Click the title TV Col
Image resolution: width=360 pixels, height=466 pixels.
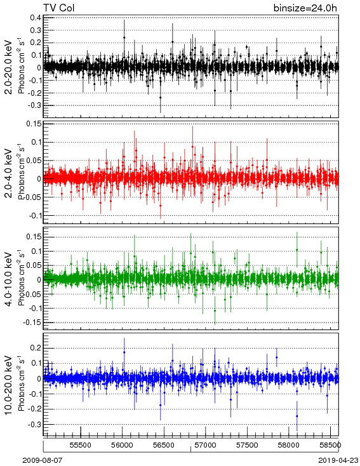(59, 8)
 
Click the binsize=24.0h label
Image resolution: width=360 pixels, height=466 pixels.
(305, 8)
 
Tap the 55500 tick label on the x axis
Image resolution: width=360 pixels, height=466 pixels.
(81, 445)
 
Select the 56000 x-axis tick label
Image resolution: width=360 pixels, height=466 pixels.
(122, 445)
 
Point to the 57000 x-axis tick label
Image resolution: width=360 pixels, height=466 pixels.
(206, 445)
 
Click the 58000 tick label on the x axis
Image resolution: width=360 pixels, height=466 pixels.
(289, 445)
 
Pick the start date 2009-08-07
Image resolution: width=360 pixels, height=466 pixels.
(43, 460)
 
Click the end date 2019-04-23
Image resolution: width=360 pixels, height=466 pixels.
(338, 460)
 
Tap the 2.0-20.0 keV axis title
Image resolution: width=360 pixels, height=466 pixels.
(9, 67)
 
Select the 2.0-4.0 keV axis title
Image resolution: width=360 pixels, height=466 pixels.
(9, 173)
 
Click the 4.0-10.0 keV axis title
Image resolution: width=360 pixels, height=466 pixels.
(9, 279)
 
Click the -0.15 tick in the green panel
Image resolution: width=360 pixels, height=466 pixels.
(33, 323)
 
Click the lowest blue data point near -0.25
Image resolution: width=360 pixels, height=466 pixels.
(297, 416)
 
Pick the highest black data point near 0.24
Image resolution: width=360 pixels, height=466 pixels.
(124, 37)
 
